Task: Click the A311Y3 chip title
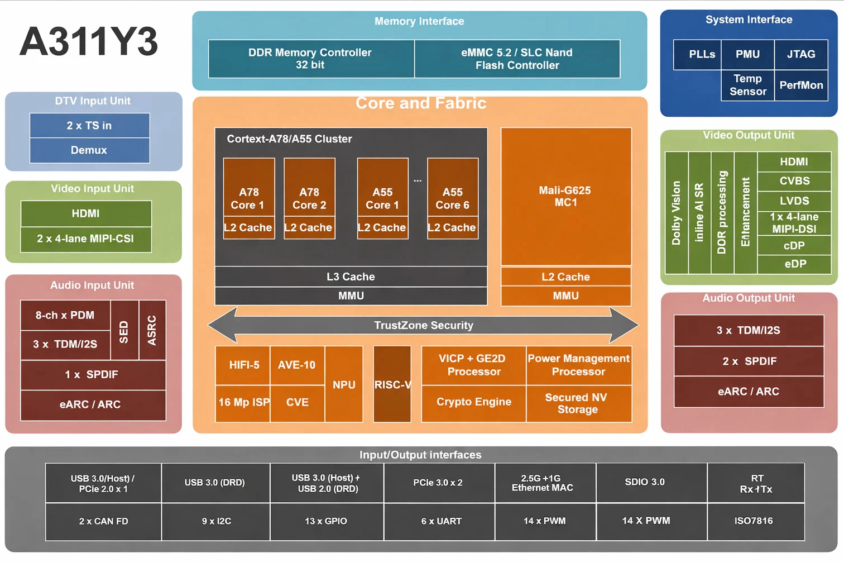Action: click(89, 42)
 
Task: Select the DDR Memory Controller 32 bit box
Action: click(310, 59)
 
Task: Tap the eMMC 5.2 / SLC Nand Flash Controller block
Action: click(517, 59)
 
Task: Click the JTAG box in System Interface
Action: click(800, 55)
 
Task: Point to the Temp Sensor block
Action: click(747, 85)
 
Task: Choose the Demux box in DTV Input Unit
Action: click(89, 150)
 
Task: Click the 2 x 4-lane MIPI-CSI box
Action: click(86, 239)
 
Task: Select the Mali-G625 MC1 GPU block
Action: click(565, 197)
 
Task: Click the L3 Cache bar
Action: click(351, 277)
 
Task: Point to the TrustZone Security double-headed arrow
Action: click(423, 325)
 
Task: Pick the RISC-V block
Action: click(392, 384)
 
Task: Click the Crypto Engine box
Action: click(473, 402)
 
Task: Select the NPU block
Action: click(344, 384)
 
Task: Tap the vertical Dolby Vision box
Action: click(677, 213)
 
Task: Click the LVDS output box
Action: click(794, 201)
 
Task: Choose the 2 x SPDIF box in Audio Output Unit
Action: click(749, 361)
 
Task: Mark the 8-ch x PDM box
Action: click(65, 316)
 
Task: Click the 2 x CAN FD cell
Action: click(103, 521)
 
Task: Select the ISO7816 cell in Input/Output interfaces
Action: click(755, 521)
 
